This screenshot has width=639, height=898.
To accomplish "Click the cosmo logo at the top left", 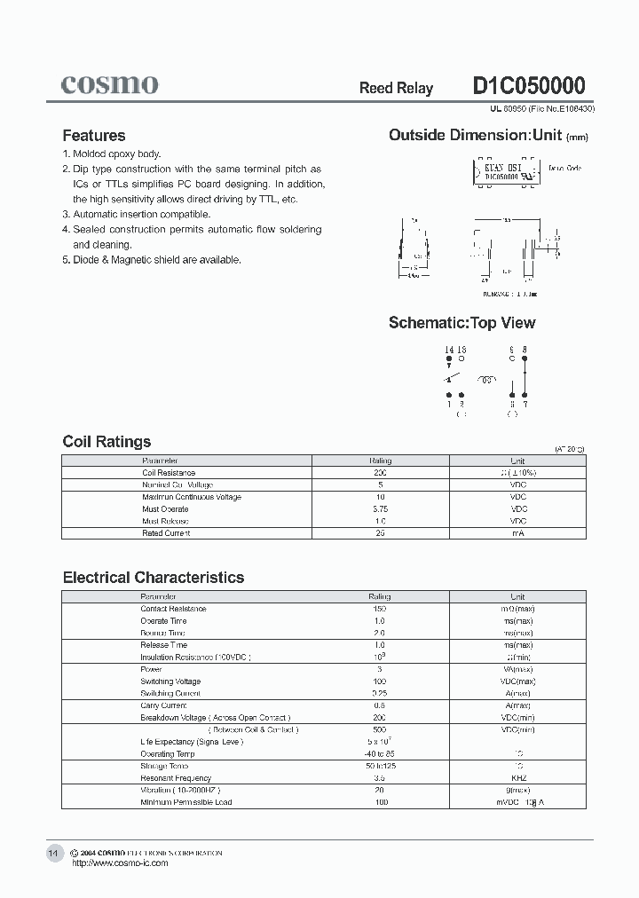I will pos(109,84).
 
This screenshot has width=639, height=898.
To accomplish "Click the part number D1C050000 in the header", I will pos(528,86).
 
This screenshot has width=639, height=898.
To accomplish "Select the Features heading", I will pos(93,136).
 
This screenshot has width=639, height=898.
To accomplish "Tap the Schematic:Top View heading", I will pos(461,323).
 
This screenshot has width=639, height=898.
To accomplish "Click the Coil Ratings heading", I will pos(106,442).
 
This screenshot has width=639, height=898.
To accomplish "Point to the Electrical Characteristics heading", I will pos(153,578).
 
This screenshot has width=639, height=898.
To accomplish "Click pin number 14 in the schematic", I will pos(448,350).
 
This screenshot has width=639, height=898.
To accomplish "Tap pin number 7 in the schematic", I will pos(525,404).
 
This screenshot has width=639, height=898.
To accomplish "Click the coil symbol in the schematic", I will pos(485,380).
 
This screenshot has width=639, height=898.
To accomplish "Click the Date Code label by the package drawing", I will pos(564,167).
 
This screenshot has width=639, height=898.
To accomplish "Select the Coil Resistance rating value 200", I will pos(380,473).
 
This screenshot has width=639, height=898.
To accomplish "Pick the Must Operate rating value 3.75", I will pos(380,509).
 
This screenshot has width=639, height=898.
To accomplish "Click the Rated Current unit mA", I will pos(518,533).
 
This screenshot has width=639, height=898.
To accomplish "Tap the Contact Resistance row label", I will pos(173,609).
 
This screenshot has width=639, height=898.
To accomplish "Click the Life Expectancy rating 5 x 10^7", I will pos(380,742).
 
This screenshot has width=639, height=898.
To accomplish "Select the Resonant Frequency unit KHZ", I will pos(518,778).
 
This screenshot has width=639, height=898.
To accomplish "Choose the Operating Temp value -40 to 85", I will pos(380,754).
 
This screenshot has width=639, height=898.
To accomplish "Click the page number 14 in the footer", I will pos(52,853).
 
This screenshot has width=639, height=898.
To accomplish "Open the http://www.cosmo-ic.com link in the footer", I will pos(119,863).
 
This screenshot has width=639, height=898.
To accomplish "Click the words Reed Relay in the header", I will pos(396,88).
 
